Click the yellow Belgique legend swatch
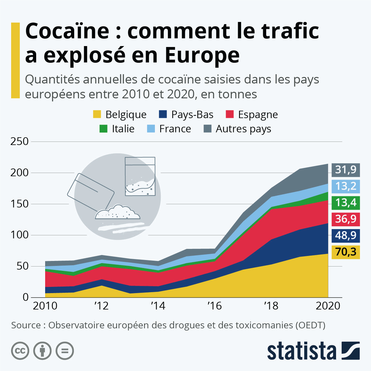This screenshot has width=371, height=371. pyautogui.click(x=97, y=114)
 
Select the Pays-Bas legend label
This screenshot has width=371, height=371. pyautogui.click(x=192, y=114)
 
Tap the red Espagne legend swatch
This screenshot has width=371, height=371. pyautogui.click(x=230, y=114)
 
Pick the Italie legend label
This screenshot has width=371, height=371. pyautogui.click(x=123, y=129)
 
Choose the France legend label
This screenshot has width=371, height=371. pyautogui.click(x=175, y=129)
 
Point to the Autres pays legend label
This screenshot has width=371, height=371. pyautogui.click(x=243, y=129)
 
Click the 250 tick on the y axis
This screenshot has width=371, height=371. pyautogui.click(x=19, y=142)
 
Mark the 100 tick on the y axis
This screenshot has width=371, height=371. pyautogui.click(x=19, y=235)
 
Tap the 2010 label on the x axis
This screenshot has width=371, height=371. pyautogui.click(x=45, y=306)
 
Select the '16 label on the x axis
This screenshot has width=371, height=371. pyautogui.click(x=214, y=306)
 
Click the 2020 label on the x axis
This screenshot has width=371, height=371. pyautogui.click(x=328, y=306)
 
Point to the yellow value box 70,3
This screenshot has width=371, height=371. pyautogui.click(x=346, y=252)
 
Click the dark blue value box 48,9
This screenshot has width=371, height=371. pyautogui.click(x=346, y=236)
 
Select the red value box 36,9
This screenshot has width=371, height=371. pyautogui.click(x=346, y=219)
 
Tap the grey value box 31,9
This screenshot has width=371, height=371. pyautogui.click(x=346, y=170)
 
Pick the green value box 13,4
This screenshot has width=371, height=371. pyautogui.click(x=346, y=203)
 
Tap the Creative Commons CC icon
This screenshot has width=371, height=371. pyautogui.click(x=20, y=351)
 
